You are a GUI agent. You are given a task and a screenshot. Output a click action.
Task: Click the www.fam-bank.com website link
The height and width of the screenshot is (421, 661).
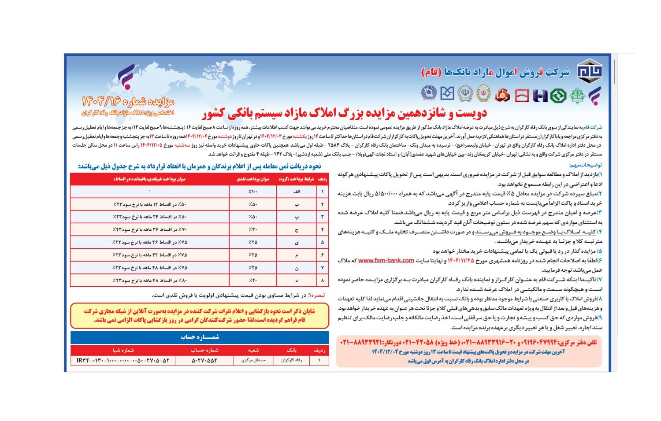point(386,260)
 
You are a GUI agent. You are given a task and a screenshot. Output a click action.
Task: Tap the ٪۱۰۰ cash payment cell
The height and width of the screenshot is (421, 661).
point(253,192)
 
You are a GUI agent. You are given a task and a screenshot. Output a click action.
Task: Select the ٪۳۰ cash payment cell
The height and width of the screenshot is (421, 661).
point(253,230)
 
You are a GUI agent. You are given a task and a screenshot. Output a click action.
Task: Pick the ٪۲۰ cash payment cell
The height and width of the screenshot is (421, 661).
point(253,281)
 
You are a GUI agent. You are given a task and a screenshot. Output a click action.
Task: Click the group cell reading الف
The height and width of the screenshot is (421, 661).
point(297,192)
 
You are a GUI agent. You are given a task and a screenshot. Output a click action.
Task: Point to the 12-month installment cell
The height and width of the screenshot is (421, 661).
point(150,205)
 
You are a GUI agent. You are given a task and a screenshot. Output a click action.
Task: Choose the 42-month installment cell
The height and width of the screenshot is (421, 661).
point(150,255)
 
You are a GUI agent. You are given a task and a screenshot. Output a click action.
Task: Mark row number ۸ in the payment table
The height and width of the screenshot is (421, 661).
point(323,281)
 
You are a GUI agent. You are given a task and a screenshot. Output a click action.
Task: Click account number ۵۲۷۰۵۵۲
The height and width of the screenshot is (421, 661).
point(204,360)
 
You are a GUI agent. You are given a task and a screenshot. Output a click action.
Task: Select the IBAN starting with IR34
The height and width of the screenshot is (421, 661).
point(123,360)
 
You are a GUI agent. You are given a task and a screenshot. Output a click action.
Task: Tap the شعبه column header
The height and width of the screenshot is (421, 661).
point(253,350)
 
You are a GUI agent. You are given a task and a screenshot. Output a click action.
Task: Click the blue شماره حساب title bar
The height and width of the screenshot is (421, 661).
point(200,337)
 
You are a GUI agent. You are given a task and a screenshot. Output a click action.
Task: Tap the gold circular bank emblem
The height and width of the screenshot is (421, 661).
point(465,94)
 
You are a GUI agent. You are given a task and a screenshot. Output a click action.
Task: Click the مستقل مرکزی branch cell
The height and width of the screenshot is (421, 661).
point(253,360)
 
